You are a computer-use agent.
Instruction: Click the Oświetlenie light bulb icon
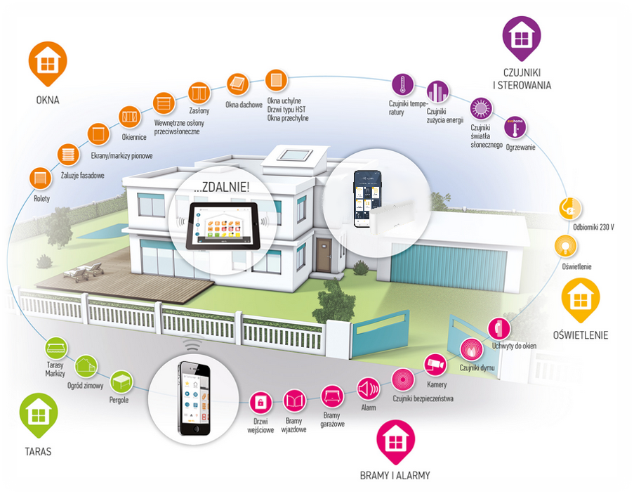click(565, 245)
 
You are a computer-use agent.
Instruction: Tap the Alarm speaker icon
click(368, 389)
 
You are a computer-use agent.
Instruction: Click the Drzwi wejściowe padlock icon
click(260, 402)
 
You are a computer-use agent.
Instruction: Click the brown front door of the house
click(323, 254)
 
